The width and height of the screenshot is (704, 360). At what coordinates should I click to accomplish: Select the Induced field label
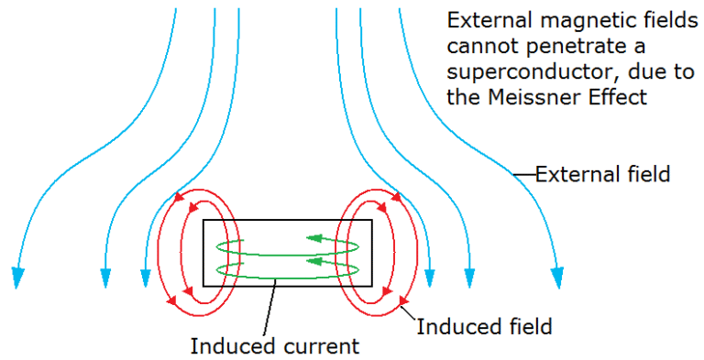click(x=484, y=324)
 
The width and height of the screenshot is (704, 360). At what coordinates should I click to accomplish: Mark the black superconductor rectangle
click(x=287, y=223)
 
